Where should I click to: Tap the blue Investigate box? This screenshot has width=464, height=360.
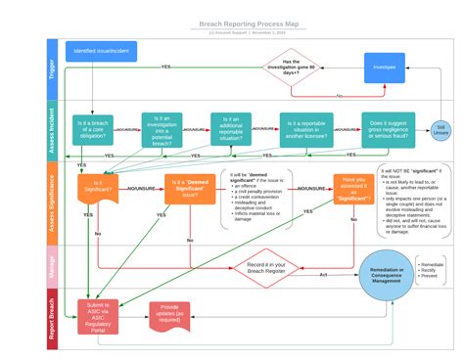point(384,67)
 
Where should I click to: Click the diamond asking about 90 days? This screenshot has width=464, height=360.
point(292,67)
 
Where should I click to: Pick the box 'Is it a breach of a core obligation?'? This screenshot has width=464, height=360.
point(94,128)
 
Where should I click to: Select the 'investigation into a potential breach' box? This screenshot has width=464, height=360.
point(162,128)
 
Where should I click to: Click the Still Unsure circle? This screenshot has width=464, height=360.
point(442,131)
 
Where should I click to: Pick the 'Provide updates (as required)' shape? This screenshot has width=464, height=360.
point(169,313)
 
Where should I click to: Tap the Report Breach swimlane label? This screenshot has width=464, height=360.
point(53,317)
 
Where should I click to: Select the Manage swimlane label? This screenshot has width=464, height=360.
point(53,264)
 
